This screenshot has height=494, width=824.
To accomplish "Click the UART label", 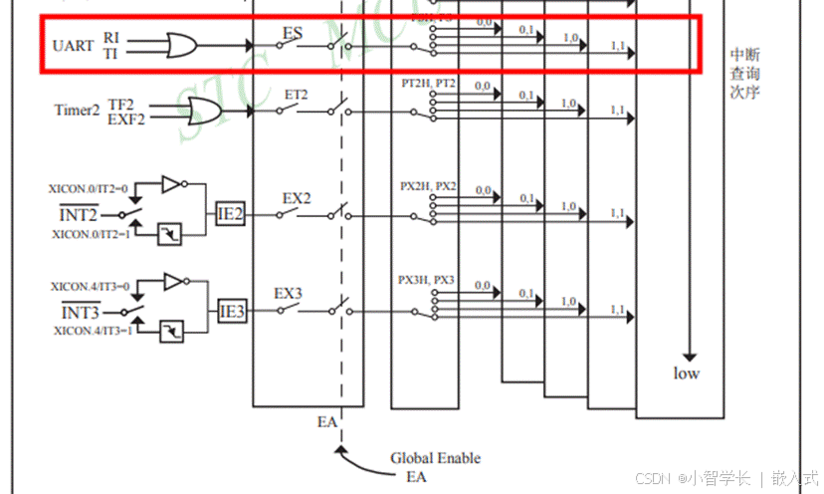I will point(74,45).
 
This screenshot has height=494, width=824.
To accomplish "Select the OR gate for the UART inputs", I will point(180,45).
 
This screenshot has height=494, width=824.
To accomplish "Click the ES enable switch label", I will point(293,33).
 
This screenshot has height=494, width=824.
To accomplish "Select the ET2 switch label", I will point(297,95).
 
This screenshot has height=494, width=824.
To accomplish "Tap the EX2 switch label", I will point(297,197).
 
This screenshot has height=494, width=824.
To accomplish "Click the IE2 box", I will point(231,213).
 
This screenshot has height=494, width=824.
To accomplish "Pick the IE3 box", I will point(231,312).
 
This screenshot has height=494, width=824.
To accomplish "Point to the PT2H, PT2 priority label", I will point(428,85).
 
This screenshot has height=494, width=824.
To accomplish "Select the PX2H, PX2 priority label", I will point(428,185).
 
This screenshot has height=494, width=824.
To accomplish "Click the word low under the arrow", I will point(687,373).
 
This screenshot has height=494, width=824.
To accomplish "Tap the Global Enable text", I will point(435,458).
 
